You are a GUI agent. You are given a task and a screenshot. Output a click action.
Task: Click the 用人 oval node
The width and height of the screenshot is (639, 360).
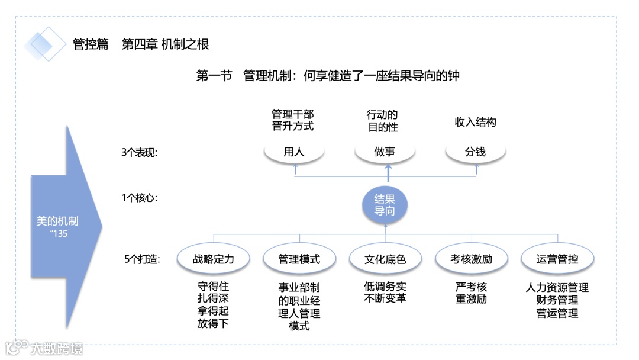coord(294,152)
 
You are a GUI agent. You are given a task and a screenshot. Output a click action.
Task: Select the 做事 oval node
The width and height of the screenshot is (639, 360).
coord(385,152)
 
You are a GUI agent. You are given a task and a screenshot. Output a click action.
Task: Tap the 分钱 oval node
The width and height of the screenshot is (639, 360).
coord(475,152)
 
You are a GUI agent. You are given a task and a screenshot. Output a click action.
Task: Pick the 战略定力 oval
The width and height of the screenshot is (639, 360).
coord(213,259)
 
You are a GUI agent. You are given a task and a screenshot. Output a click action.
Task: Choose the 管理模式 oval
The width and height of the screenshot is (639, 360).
coord(299,259)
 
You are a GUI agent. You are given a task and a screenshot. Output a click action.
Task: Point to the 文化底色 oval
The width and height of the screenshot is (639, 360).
coord(385,259)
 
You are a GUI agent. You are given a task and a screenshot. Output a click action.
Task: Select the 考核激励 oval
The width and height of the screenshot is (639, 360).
coord(471,259)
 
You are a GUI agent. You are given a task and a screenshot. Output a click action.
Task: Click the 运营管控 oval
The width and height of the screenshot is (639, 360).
coord(557,259)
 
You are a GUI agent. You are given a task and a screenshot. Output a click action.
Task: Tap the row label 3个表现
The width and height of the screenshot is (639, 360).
coord(139,152)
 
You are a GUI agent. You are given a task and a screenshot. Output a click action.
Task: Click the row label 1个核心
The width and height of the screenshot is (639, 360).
coord(139,198)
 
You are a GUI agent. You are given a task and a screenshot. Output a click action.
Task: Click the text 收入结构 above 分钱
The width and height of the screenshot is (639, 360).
coord(475,123)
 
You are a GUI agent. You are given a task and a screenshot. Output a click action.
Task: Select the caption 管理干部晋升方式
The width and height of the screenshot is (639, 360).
coord(293,120)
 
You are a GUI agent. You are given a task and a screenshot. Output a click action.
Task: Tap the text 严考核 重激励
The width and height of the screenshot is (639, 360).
coord(471,293)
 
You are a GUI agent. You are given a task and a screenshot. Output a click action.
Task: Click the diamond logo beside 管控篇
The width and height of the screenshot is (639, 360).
coord(45,44)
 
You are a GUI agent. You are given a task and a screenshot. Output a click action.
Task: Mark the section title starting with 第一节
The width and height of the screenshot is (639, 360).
coord(328,76)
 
